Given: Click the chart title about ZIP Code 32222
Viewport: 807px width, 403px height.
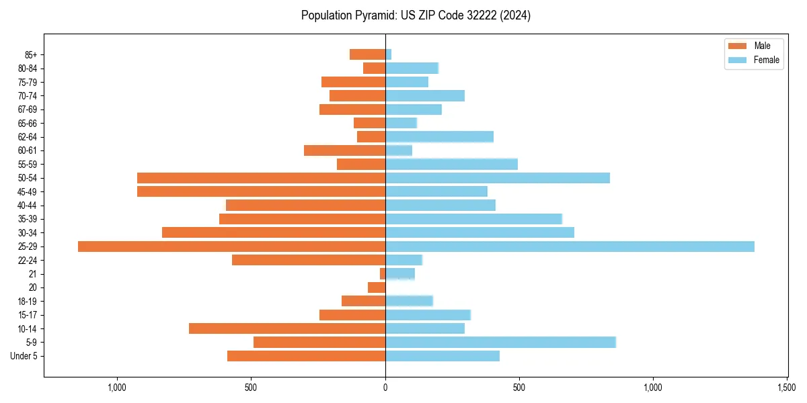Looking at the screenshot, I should click(416, 15).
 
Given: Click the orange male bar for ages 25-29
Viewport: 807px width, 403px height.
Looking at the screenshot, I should click(231, 247).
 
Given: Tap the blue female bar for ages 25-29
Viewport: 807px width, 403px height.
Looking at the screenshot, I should click(570, 247).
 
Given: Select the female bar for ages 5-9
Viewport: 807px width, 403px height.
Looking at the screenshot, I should click(500, 342).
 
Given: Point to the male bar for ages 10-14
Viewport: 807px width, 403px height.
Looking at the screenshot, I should click(287, 328).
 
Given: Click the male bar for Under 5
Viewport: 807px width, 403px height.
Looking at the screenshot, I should click(306, 356).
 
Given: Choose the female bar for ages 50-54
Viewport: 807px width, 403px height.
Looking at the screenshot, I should click(498, 178).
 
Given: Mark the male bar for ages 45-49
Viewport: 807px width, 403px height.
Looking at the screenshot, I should click(261, 191).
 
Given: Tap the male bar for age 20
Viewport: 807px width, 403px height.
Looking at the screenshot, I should click(377, 287).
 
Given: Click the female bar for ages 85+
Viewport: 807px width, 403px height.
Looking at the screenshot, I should click(388, 54).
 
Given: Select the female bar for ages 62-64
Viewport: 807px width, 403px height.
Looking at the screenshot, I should click(439, 137).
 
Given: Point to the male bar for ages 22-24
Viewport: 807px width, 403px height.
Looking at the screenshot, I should click(309, 260).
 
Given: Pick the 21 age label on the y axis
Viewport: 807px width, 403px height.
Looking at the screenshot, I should click(33, 274).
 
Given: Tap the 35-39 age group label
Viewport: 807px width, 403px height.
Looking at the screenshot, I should click(27, 219).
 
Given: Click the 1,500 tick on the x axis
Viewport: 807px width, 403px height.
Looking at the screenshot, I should click(787, 388).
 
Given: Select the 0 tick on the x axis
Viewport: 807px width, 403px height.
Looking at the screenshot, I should click(385, 388).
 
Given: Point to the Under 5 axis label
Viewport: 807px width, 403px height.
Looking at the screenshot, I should click(24, 356).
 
